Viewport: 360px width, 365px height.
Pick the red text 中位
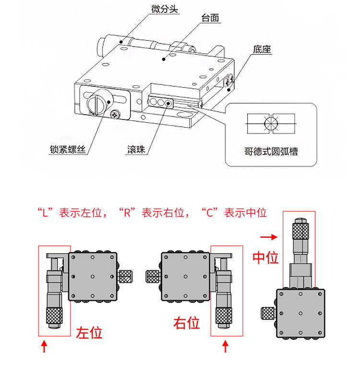click(265, 258)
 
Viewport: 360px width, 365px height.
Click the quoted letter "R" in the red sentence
click(127, 212)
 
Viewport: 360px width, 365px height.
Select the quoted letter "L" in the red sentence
click(47, 212)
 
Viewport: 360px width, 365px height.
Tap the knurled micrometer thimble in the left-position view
click(55, 315)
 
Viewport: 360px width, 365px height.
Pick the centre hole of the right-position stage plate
click(185, 276)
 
